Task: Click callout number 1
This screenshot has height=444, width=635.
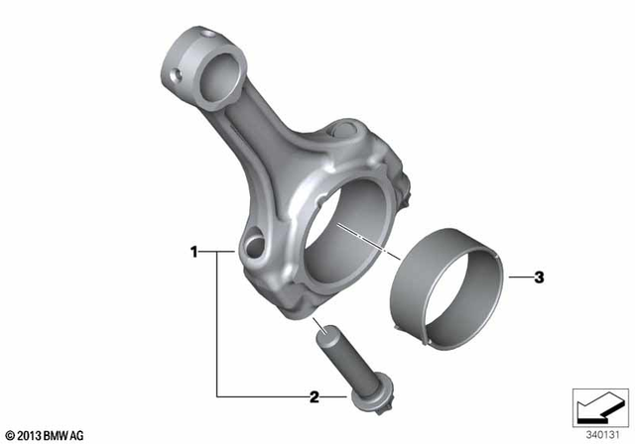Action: point(194,253)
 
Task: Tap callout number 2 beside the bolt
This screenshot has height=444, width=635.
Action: point(315,397)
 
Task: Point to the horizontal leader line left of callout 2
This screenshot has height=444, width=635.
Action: point(263,397)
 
